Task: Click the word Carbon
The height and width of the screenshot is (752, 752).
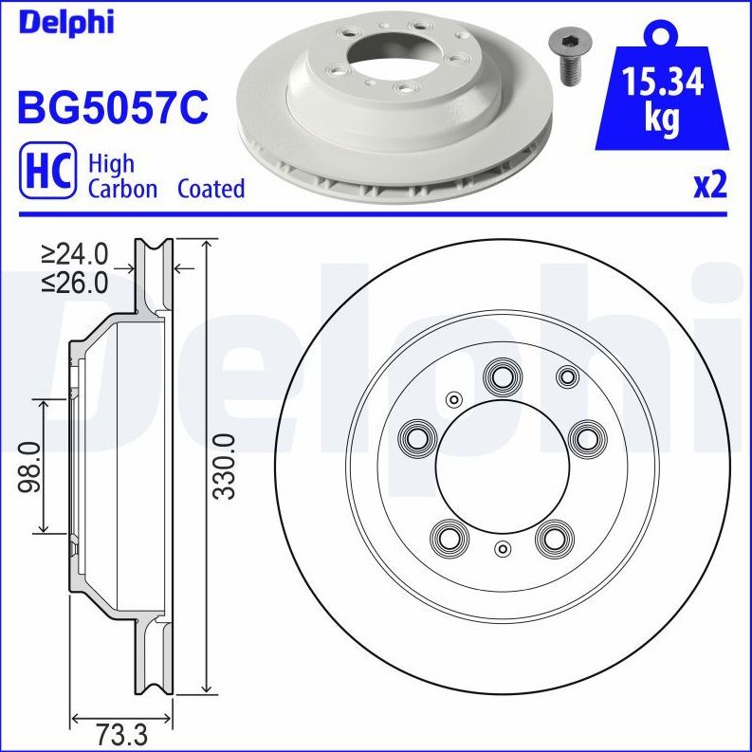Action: coord(122,189)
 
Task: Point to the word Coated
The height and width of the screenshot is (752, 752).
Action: coord(211,189)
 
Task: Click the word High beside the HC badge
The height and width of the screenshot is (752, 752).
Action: coord(111,163)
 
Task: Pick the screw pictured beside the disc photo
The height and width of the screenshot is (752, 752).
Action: coord(567,55)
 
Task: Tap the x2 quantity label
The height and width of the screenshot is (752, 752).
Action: coord(709,185)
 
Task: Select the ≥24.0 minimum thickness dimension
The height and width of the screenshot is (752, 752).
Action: coord(75,254)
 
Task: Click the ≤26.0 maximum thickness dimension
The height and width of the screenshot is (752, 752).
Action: coord(75,282)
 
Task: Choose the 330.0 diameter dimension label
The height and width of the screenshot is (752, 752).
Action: coord(224,467)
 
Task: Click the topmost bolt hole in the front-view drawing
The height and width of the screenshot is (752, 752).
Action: coord(501,376)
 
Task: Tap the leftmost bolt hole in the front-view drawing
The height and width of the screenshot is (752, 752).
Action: coord(415,437)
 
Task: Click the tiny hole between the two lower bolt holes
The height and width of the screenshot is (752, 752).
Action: coord(503,548)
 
